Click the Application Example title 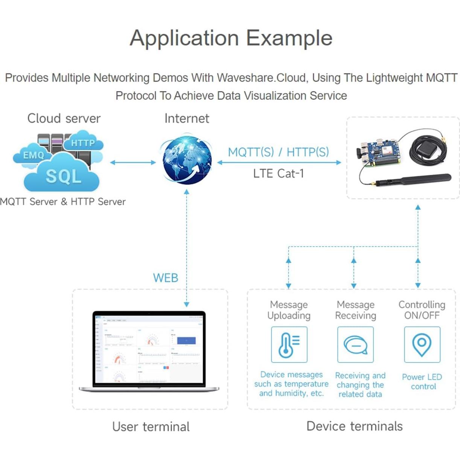[231, 38]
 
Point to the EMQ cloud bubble [33, 155]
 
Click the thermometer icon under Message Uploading [289, 344]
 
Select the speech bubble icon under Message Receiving [355, 344]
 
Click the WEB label [165, 278]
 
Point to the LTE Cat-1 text [278, 174]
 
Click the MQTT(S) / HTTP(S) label [278, 152]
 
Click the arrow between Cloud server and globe [133, 163]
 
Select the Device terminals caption [354, 426]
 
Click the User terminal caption [151, 426]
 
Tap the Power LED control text [422, 382]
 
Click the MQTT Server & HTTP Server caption [62, 202]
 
